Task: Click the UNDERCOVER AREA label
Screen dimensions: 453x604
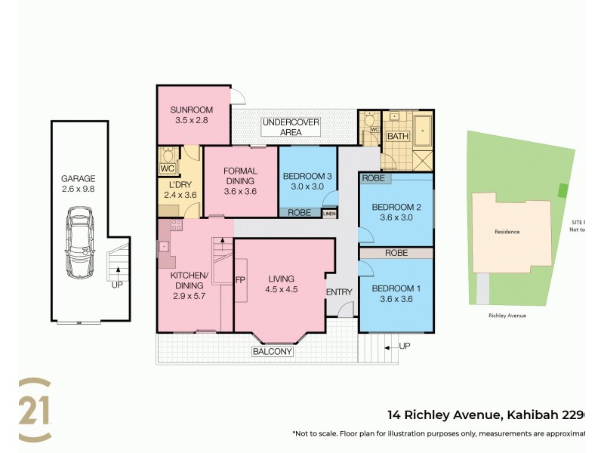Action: click(291, 127)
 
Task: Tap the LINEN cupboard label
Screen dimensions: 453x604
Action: click(329, 214)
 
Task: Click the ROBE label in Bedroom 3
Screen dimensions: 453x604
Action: click(300, 213)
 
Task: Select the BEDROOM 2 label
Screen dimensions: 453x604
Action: click(396, 207)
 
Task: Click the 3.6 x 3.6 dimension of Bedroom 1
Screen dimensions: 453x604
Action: click(396, 300)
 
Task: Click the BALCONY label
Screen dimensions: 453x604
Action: click(273, 352)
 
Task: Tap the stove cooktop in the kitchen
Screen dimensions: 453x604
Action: click(177, 225)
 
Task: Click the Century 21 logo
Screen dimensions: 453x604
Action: click(35, 409)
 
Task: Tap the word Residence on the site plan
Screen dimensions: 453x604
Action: click(507, 232)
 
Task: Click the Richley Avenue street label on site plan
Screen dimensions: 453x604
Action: click(507, 315)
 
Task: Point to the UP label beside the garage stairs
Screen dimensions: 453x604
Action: click(117, 285)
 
